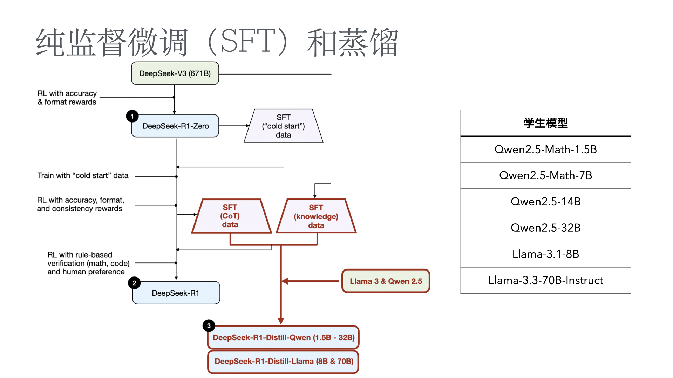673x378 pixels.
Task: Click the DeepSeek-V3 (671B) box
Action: pyautogui.click(x=175, y=73)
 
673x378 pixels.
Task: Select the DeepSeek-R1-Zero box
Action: pyautogui.click(x=175, y=126)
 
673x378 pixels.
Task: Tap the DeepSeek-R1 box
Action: pyautogui.click(x=176, y=293)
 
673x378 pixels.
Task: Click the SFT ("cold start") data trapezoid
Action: pyautogui.click(x=283, y=126)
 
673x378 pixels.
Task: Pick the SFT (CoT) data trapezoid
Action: pyautogui.click(x=230, y=216)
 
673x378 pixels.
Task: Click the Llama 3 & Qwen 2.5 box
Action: pyautogui.click(x=386, y=281)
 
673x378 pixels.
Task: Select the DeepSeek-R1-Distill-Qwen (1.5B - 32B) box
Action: pyautogui.click(x=283, y=337)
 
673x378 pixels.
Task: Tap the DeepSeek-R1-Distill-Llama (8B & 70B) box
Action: pyautogui.click(x=283, y=361)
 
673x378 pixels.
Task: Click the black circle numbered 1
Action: pyautogui.click(x=132, y=116)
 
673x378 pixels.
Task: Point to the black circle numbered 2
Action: pyautogui.click(x=134, y=283)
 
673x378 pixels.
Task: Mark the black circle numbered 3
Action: pyautogui.click(x=209, y=326)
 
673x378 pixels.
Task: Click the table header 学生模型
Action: pyautogui.click(x=545, y=123)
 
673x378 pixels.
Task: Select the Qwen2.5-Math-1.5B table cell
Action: pyautogui.click(x=545, y=149)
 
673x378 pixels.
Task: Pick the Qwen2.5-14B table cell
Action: pyautogui.click(x=545, y=202)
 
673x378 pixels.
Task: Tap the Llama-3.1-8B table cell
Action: pyautogui.click(x=545, y=254)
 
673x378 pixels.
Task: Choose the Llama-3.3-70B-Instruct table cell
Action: pyautogui.click(x=545, y=280)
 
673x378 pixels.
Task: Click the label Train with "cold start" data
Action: pyautogui.click(x=83, y=175)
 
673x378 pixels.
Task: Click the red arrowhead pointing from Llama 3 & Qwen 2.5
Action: pyautogui.click(x=285, y=281)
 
